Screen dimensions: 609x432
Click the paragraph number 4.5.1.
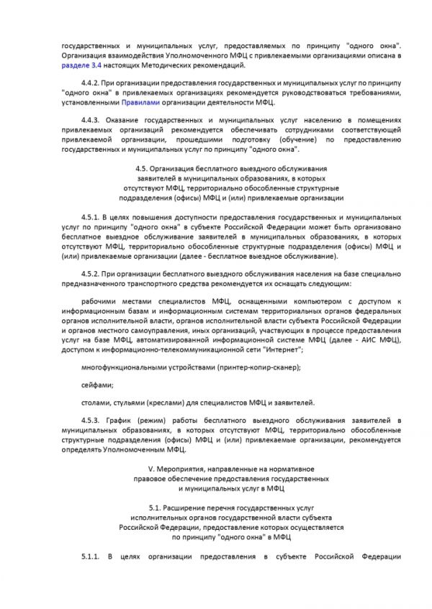coord(91,216)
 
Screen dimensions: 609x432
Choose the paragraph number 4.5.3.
coord(91,420)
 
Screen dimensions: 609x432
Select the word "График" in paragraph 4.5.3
coord(127,420)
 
